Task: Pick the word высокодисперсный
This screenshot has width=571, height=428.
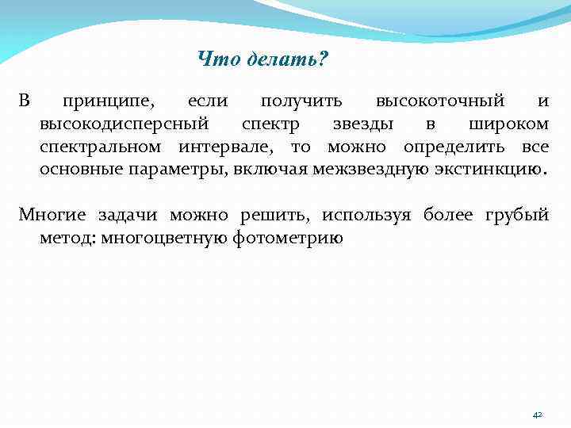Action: [x=125, y=124]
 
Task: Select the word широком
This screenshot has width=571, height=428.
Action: [x=508, y=124]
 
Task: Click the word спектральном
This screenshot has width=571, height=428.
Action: [x=102, y=147]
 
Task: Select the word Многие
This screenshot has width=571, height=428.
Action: [x=55, y=215]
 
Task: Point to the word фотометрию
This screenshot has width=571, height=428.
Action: [x=289, y=237]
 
